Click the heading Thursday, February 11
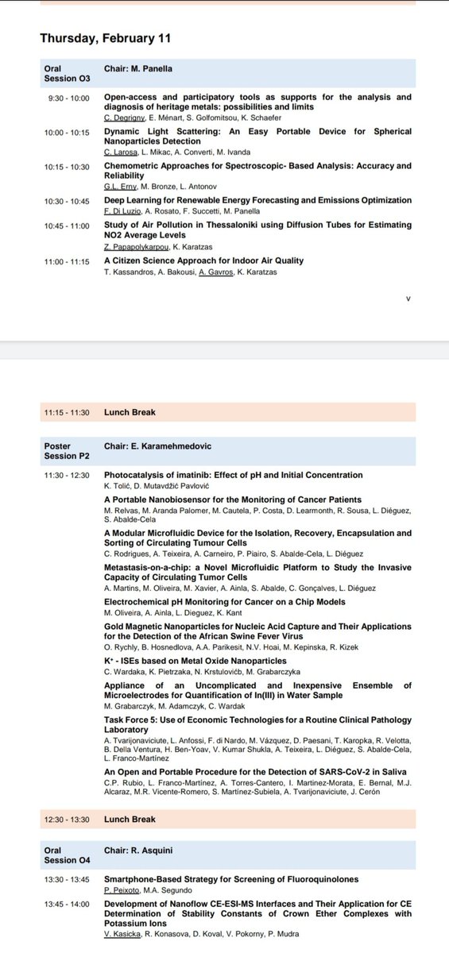(x=105, y=38)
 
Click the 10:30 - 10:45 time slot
(x=69, y=200)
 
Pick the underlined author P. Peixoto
(x=122, y=890)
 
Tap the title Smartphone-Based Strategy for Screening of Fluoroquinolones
(x=231, y=879)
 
